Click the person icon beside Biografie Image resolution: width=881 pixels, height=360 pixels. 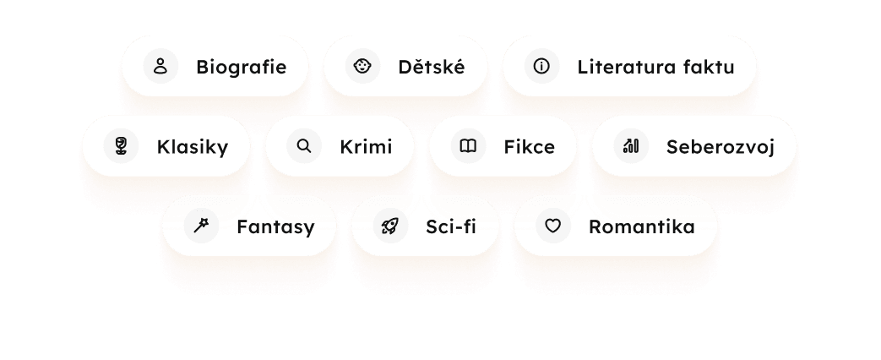pyautogui.click(x=160, y=66)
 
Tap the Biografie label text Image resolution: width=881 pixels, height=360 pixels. pyautogui.click(x=241, y=67)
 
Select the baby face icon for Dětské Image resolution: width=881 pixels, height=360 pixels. pyautogui.click(x=362, y=66)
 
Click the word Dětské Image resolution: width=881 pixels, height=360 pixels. pyautogui.click(x=431, y=67)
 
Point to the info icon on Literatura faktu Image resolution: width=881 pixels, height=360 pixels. pyautogui.click(x=541, y=66)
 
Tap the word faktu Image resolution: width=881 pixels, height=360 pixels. pyautogui.click(x=705, y=67)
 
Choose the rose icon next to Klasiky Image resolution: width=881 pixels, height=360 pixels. pyautogui.click(x=121, y=146)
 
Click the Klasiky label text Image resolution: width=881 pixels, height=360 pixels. pyautogui.click(x=192, y=147)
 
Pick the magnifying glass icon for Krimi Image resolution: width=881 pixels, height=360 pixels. pyautogui.click(x=304, y=146)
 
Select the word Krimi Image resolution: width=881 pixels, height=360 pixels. pyautogui.click(x=366, y=147)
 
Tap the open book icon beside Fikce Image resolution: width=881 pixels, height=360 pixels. pyautogui.click(x=468, y=146)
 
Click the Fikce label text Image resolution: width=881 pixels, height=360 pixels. pyautogui.click(x=529, y=147)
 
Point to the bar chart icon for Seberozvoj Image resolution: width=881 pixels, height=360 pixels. pyautogui.click(x=630, y=146)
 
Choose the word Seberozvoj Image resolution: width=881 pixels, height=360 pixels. pyautogui.click(x=720, y=147)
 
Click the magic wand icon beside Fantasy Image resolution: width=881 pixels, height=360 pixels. pyautogui.click(x=201, y=226)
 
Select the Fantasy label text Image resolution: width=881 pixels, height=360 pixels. pyautogui.click(x=275, y=227)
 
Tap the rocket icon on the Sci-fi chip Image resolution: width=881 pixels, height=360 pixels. pyautogui.click(x=390, y=226)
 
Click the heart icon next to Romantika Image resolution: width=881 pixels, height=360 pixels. pyautogui.click(x=552, y=226)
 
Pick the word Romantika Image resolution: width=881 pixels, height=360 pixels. pyautogui.click(x=641, y=227)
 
